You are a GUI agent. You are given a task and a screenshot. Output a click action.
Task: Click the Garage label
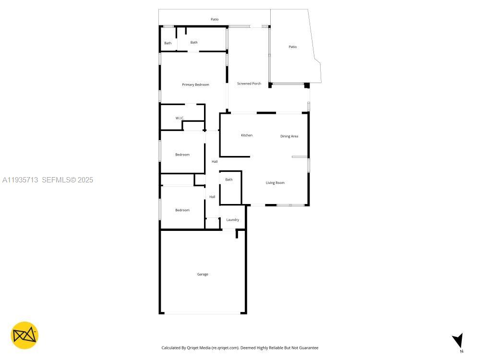click(x=203, y=274)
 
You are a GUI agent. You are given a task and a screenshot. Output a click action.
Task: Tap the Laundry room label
click(x=233, y=220)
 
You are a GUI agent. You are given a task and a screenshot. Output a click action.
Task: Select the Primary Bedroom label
click(x=195, y=84)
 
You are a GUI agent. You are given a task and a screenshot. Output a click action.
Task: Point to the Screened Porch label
click(x=249, y=84)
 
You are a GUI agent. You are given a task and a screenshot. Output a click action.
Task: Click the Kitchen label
click(x=247, y=135)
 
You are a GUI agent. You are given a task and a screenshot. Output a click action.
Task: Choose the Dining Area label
click(x=289, y=136)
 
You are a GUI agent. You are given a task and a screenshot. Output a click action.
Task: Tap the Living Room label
click(x=276, y=183)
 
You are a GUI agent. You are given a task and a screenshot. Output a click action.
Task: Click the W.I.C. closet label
click(x=180, y=118)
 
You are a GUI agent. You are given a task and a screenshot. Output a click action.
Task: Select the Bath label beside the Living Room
click(x=229, y=180)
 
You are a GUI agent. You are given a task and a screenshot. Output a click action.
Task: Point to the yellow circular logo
click(x=24, y=335)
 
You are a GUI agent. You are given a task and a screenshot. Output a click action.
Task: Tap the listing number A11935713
click(x=20, y=180)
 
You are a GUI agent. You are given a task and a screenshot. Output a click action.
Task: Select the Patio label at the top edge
click(x=215, y=19)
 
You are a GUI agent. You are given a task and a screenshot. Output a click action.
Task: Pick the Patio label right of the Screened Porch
click(x=292, y=47)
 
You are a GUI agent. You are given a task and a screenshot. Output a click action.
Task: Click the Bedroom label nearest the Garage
click(x=182, y=210)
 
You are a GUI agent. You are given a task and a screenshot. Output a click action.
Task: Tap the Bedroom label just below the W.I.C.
click(x=182, y=155)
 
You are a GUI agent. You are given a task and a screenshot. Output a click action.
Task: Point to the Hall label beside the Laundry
click(x=212, y=197)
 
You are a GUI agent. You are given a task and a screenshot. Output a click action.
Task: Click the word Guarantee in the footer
click(x=308, y=348)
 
